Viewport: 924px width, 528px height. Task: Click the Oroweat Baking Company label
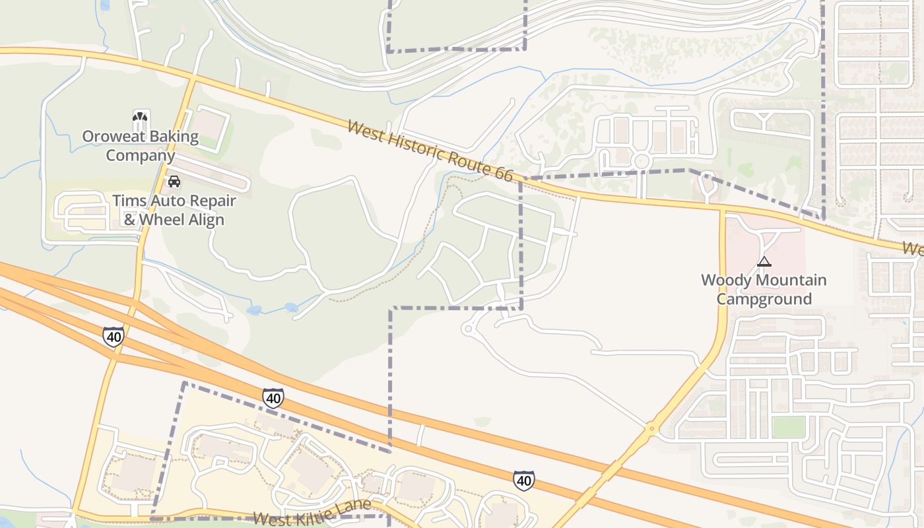140,146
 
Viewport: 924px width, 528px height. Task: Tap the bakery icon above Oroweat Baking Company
141,118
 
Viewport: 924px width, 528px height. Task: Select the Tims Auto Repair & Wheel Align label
174,210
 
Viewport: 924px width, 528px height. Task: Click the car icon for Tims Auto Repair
174,181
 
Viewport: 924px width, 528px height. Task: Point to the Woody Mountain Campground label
764,289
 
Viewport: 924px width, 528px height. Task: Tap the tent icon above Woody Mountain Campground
764,261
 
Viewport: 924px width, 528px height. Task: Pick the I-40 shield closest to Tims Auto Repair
114,337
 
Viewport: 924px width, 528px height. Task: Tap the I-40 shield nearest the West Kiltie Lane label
273,398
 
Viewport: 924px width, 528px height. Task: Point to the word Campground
764,299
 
